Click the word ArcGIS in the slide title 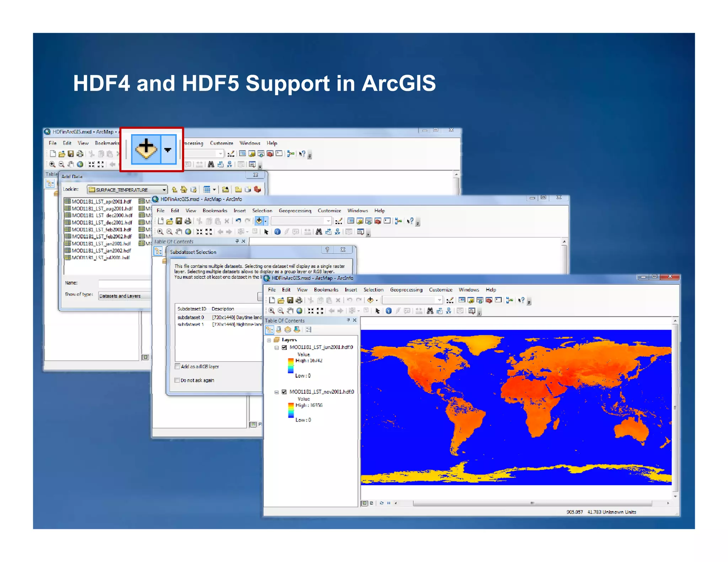398,83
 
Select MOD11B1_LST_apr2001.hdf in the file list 101,201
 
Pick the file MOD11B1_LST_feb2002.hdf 101,236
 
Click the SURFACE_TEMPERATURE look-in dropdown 127,190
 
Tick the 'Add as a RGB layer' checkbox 177,366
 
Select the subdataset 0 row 191,317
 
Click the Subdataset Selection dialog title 193,252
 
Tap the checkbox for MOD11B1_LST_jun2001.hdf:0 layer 284,347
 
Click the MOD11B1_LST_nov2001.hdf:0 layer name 322,392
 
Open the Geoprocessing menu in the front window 406,290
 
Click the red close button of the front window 670,277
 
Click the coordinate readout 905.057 574,512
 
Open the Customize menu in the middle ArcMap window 329,211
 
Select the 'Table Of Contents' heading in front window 285,320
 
